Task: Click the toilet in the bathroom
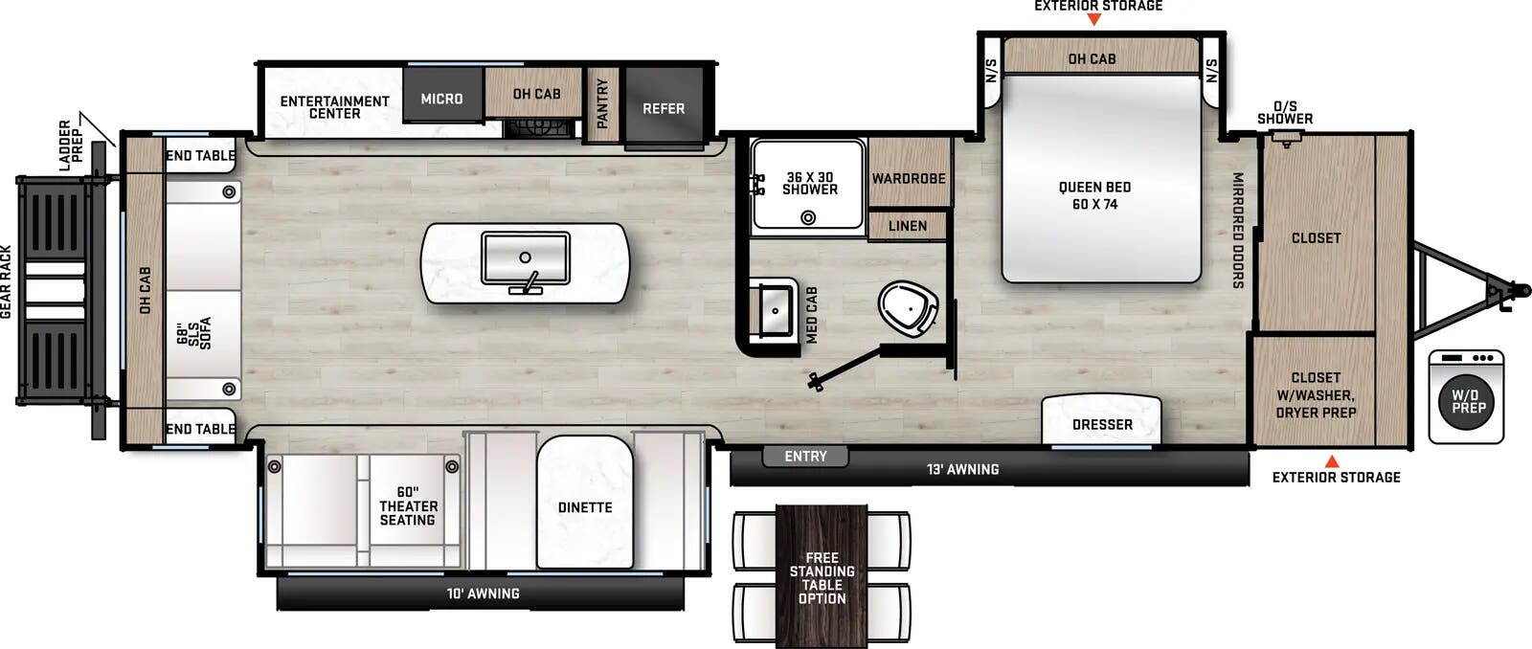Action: pyautogui.click(x=906, y=308)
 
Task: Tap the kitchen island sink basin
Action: pyautogui.click(x=525, y=258)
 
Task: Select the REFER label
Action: pyautogui.click(x=664, y=108)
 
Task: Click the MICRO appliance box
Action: pyautogui.click(x=441, y=99)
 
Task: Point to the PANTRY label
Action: pyautogui.click(x=602, y=102)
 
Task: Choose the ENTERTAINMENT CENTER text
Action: pyautogui.click(x=334, y=107)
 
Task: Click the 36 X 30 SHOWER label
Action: pyautogui.click(x=809, y=183)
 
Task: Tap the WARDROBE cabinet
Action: pyautogui.click(x=909, y=178)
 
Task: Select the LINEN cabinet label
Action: pyautogui.click(x=907, y=226)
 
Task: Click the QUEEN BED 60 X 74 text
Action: pyautogui.click(x=1094, y=195)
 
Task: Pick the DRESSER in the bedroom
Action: pyautogui.click(x=1102, y=424)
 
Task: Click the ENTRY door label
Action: pyautogui.click(x=805, y=457)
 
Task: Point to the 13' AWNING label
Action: pyautogui.click(x=962, y=469)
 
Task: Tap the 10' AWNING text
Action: pyautogui.click(x=483, y=593)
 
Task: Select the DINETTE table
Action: pyautogui.click(x=585, y=507)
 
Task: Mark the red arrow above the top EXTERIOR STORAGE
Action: pyautogui.click(x=1094, y=19)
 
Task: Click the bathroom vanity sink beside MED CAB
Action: pyautogui.click(x=774, y=309)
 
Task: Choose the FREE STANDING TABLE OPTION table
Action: pyautogui.click(x=822, y=577)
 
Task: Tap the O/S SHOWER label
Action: pyautogui.click(x=1285, y=113)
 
